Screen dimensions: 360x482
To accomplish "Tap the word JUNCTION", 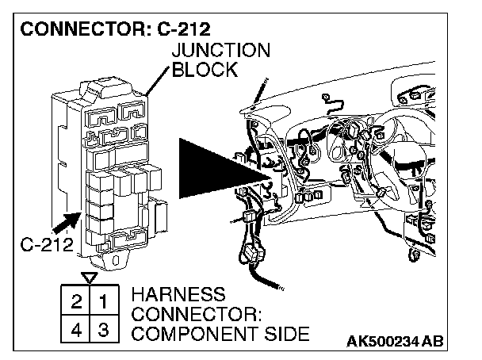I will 221,51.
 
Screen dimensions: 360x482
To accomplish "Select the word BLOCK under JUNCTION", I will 205,70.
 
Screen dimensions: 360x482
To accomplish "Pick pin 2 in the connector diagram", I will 76,302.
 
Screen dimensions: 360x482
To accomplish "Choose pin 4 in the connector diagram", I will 76,329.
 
